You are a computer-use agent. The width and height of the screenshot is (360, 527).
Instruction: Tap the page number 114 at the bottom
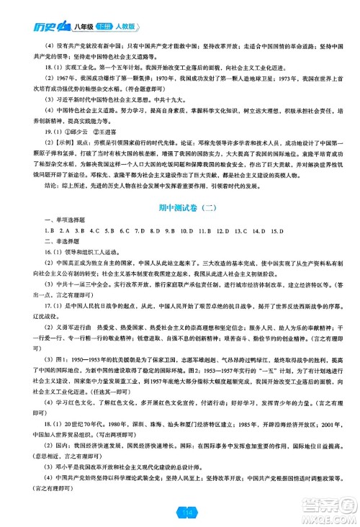179,512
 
